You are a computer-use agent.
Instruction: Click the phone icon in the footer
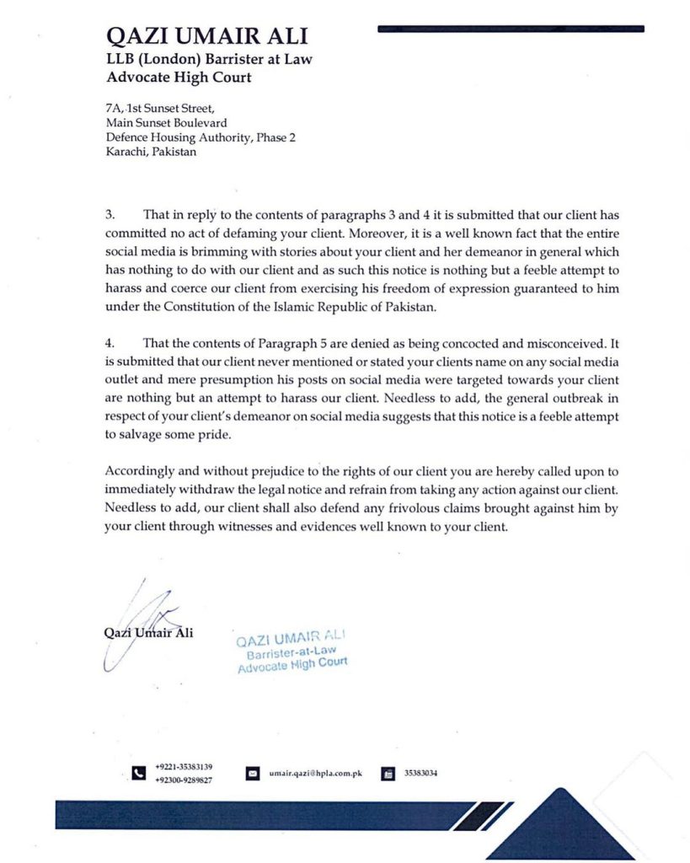[x=138, y=774]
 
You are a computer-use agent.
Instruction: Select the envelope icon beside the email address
[x=252, y=774]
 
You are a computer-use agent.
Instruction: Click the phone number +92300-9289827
[x=184, y=780]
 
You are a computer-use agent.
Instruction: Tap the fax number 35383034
[x=421, y=774]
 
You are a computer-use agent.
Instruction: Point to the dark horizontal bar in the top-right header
[x=511, y=29]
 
